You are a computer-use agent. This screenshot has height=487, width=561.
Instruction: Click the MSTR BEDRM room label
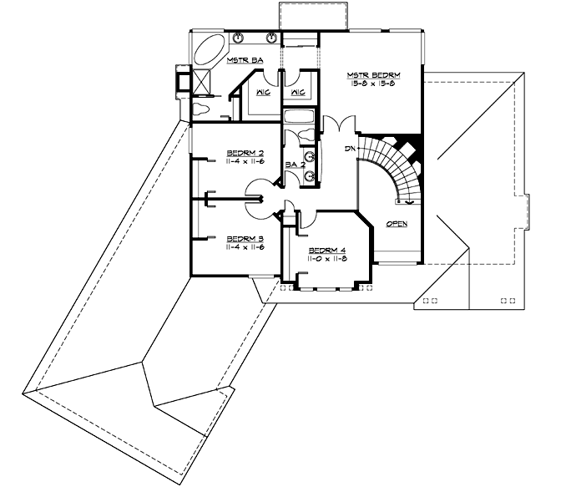tap(370, 76)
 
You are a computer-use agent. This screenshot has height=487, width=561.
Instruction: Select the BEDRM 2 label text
tap(245, 153)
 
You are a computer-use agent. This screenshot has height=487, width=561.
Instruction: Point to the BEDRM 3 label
tap(245, 238)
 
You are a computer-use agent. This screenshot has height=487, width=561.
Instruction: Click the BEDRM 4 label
tap(327, 251)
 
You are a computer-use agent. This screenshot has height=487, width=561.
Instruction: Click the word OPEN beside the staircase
tap(397, 224)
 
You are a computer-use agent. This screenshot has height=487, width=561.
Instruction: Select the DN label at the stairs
tap(351, 149)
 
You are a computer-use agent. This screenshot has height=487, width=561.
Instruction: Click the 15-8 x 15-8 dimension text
tap(370, 85)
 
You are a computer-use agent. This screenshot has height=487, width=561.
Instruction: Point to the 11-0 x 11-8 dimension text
tap(327, 260)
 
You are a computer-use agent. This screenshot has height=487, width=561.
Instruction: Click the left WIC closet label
tap(261, 92)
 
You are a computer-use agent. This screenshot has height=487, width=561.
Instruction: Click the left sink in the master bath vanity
tap(239, 38)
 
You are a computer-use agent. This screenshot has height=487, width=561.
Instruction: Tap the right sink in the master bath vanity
tap(272, 38)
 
